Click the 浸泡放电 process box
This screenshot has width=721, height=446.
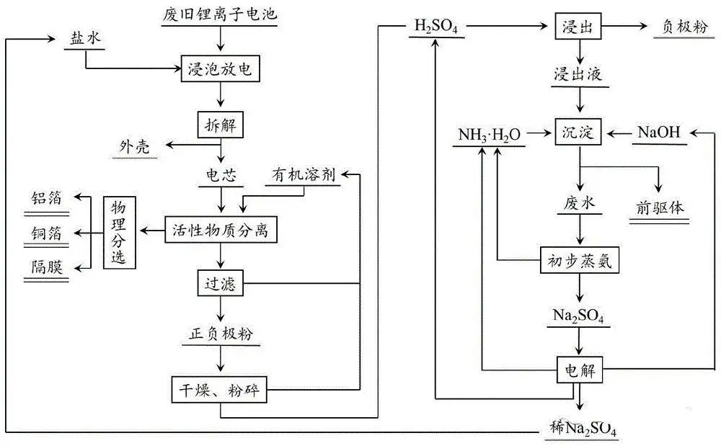coord(218,70)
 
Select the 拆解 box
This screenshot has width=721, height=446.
coord(218,124)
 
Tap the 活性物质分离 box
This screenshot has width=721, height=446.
coord(220,231)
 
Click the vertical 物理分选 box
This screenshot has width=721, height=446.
coord(119,232)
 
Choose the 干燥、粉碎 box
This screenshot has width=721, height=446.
coord(219,392)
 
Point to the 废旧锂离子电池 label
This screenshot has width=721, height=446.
coord(218,13)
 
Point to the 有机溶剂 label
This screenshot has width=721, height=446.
coord(304,176)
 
